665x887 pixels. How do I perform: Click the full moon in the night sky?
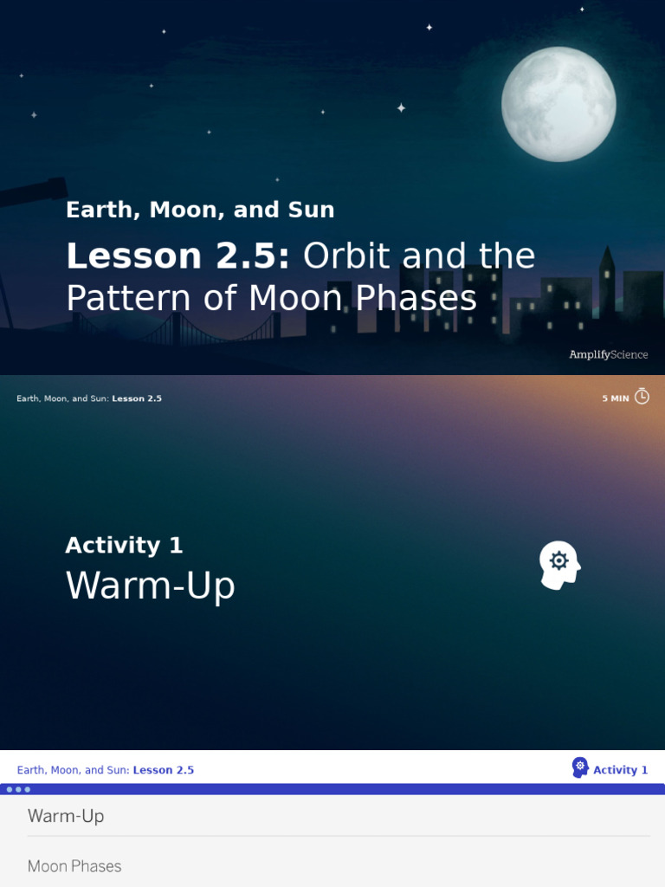point(558,104)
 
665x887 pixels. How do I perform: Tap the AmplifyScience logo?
point(608,354)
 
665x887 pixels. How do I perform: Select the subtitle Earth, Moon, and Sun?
point(200,210)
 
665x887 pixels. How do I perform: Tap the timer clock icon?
point(642,397)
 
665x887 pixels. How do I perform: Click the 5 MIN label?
point(616,398)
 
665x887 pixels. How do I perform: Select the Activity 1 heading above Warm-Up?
point(124,546)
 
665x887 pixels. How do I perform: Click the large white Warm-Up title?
point(150,586)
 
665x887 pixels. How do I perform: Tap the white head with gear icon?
point(558,565)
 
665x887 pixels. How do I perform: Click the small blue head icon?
point(580,767)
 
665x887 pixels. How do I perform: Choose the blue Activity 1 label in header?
point(620,770)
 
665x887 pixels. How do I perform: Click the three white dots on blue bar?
point(18,789)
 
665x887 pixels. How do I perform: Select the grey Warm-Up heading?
point(66,816)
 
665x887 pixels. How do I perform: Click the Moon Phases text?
point(74,866)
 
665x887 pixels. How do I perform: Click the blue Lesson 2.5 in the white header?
point(163,770)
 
